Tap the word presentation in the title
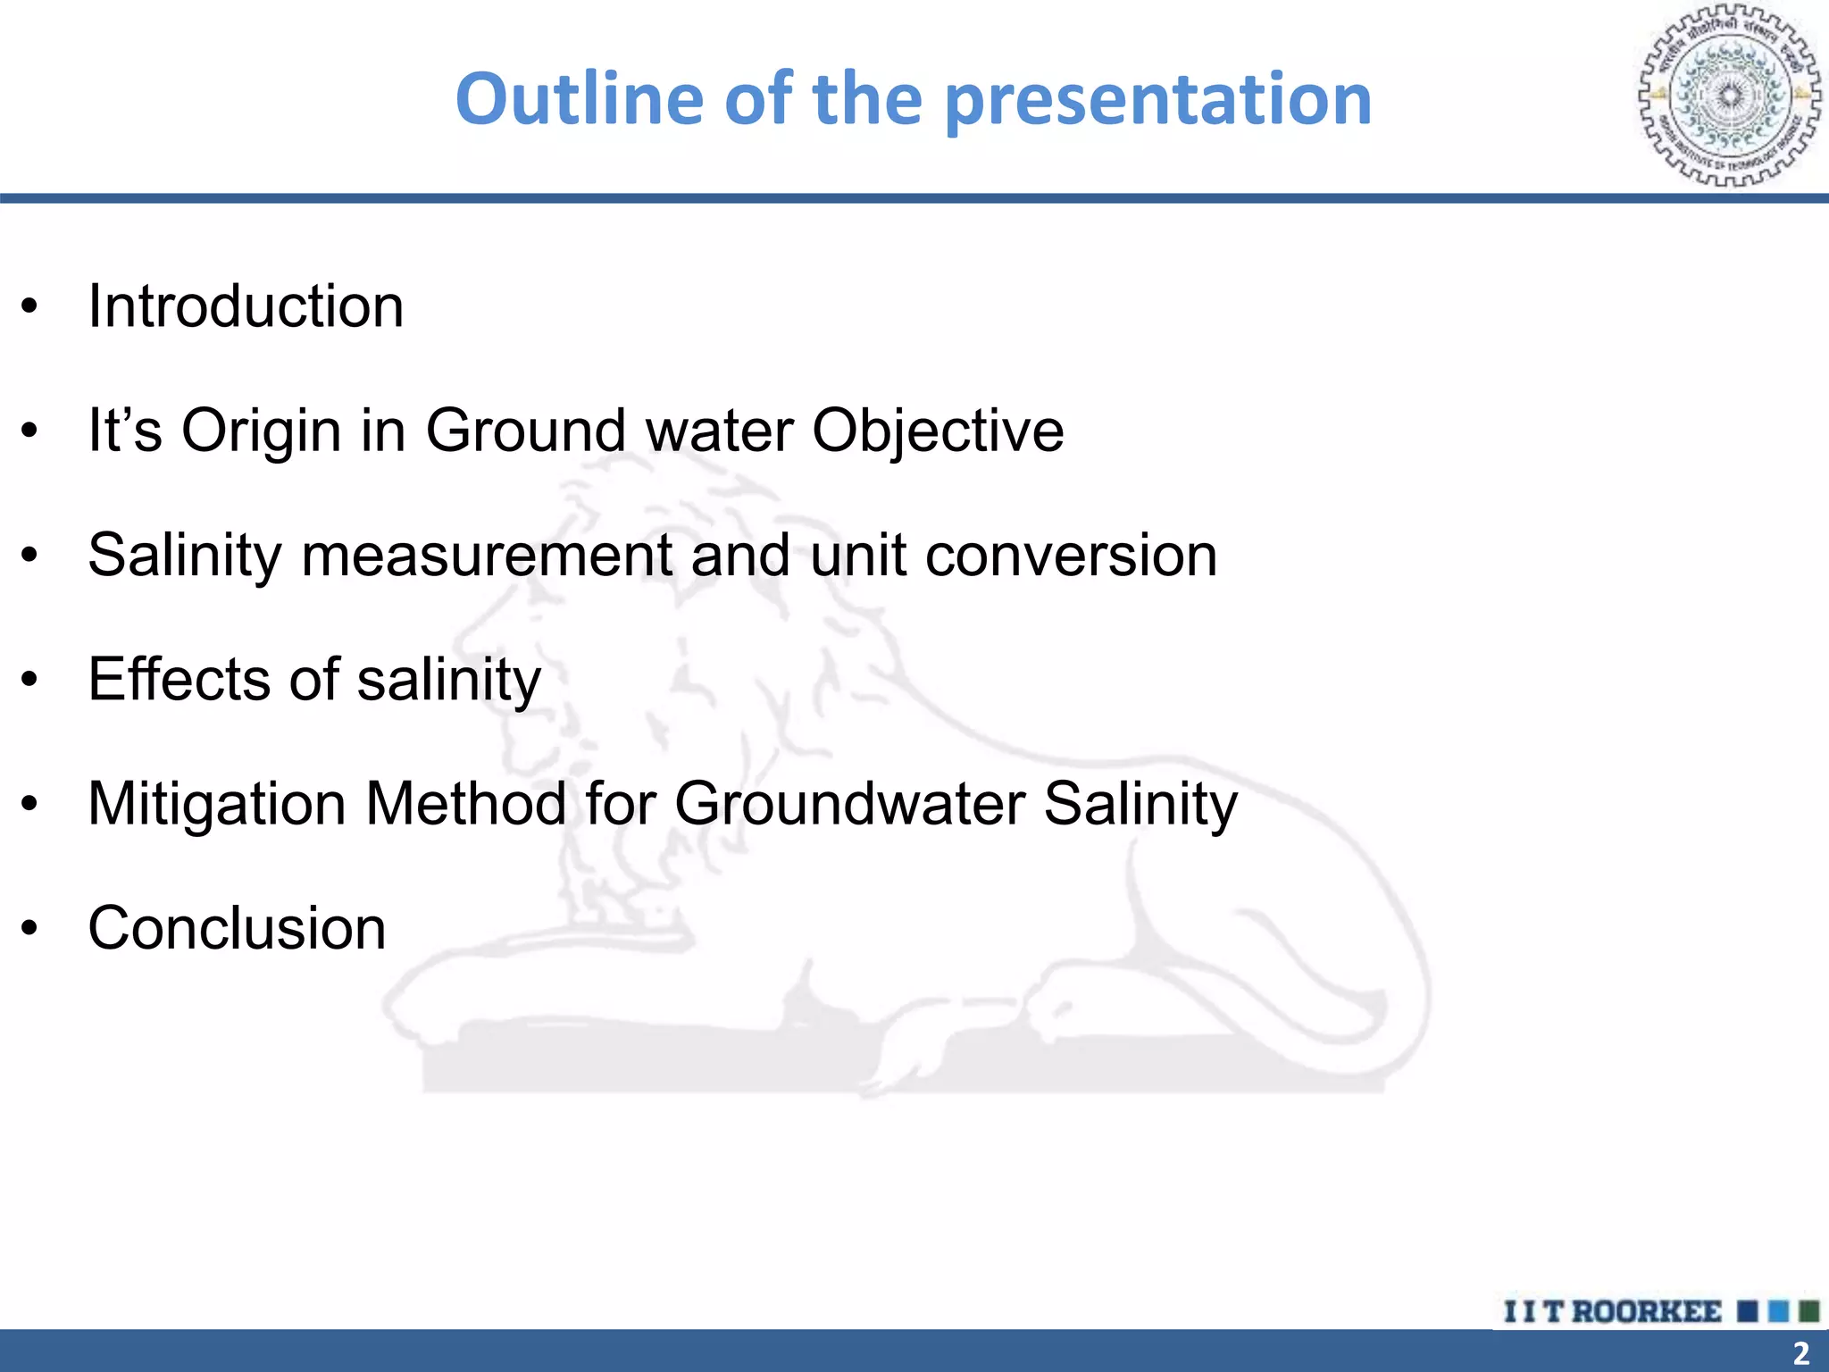1157,100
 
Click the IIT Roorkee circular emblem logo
1729,96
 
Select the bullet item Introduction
246,306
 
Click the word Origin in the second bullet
262,431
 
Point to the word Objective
938,431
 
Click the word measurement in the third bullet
487,556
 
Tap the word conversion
1071,556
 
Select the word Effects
178,680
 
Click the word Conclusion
237,928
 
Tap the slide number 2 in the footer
1800,1352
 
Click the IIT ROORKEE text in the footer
1612,1311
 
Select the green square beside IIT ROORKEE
1808,1311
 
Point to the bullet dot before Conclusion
30,930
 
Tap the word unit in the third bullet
858,556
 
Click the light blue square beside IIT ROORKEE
1778,1311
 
